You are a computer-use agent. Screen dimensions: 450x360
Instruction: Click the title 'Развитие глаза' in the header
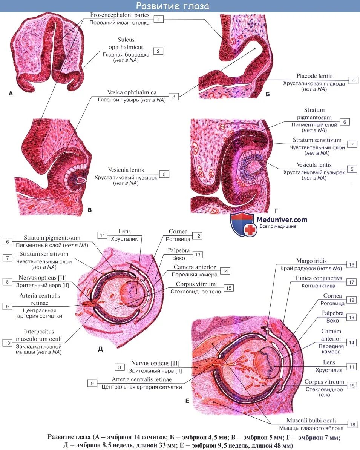click(172, 6)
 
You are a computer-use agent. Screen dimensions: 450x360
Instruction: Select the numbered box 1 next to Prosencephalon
click(159, 19)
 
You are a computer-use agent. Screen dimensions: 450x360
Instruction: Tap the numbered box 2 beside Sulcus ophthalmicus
click(158, 51)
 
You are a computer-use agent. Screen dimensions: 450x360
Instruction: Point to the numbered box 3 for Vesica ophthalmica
click(174, 96)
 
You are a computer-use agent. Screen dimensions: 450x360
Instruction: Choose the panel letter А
click(11, 94)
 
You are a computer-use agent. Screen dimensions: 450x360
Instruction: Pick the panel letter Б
click(268, 94)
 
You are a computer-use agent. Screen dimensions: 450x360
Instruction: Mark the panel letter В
click(89, 210)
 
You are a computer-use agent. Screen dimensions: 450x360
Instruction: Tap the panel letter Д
click(100, 349)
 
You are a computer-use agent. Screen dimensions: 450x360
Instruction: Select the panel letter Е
click(187, 401)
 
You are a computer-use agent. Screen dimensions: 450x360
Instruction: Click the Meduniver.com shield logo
click(242, 224)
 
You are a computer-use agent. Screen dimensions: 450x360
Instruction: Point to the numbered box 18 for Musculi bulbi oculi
click(352, 424)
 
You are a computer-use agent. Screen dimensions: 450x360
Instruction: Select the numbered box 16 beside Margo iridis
click(351, 265)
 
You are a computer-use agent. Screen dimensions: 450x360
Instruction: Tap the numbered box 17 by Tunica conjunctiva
click(351, 282)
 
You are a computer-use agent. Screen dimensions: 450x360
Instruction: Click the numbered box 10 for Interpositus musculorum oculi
click(7, 343)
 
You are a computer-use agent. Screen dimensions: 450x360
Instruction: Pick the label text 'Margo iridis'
click(311, 261)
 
